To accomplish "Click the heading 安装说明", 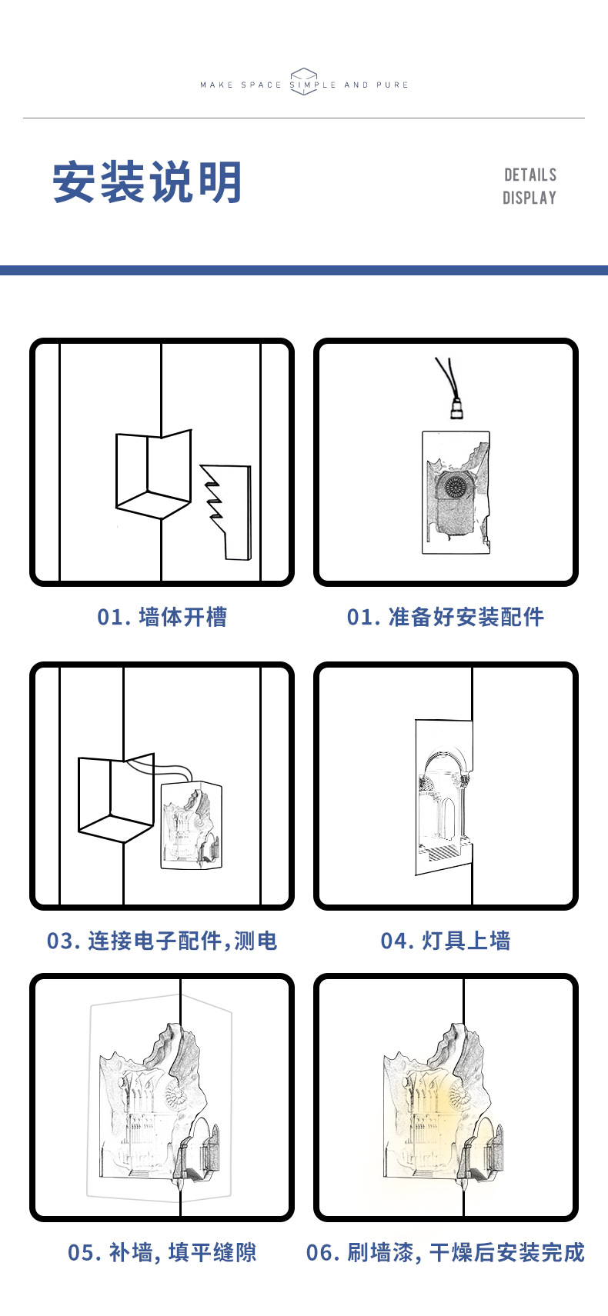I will [x=148, y=182].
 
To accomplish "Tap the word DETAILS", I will [x=530, y=175].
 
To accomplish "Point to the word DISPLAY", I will [x=529, y=198].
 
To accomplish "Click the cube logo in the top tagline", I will [x=303, y=82].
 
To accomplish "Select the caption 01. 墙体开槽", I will [x=162, y=617].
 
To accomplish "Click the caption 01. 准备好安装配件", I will [x=445, y=617].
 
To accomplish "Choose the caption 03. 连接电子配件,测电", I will [x=162, y=941].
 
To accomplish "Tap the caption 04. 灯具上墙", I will [x=445, y=941].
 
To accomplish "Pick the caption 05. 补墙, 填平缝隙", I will [x=162, y=1252].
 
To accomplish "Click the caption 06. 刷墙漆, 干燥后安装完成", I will [x=445, y=1252].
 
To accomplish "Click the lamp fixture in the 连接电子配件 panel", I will [x=191, y=825].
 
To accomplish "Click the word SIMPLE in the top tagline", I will [x=312, y=85].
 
